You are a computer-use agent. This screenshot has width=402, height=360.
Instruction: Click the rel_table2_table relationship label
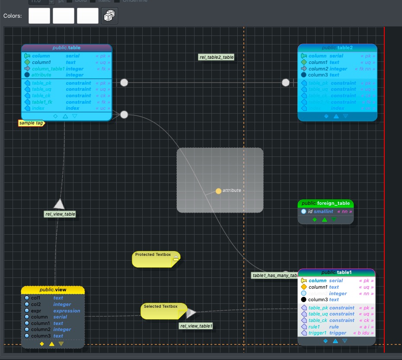pos(217,57)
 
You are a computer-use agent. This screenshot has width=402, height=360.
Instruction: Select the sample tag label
pos(31,123)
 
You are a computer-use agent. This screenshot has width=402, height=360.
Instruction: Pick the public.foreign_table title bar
pos(326,203)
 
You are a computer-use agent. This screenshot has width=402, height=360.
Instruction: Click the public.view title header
pos(53,290)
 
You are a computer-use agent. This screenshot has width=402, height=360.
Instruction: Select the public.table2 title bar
pos(337,48)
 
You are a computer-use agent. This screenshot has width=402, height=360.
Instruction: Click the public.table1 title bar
pos(336,272)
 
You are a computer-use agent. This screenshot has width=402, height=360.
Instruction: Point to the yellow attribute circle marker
pos(219,191)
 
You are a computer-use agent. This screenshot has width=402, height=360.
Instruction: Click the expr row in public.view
pos(52,310)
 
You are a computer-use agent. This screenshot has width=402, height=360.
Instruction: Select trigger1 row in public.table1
pos(336,333)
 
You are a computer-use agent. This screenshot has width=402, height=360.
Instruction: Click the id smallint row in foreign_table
pos(326,211)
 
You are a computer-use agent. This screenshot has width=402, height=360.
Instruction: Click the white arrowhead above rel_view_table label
pos(59,204)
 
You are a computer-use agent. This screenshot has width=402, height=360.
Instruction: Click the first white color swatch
pos(39,16)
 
